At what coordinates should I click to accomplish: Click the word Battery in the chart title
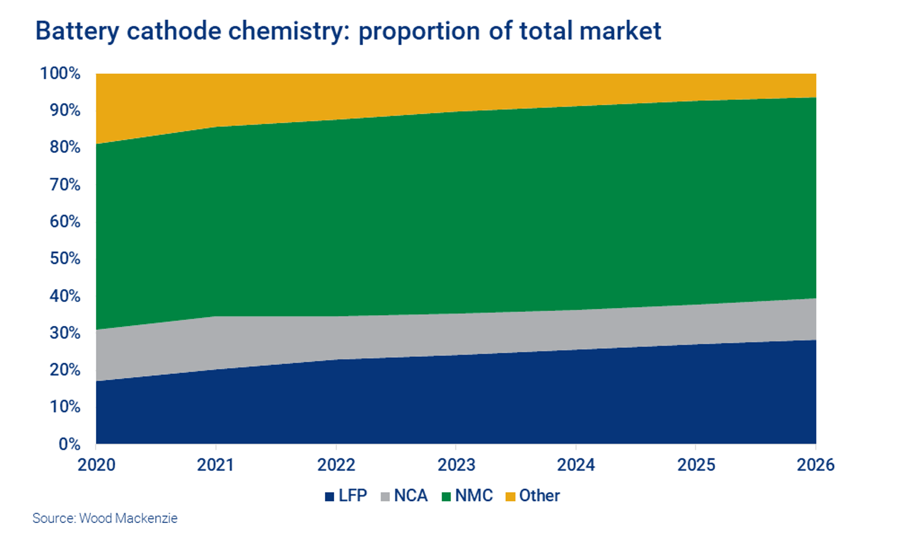tap(77, 31)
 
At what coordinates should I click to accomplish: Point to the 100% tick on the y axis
tap(60, 73)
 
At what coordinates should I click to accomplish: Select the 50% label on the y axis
tap(65, 259)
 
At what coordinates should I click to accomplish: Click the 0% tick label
tap(69, 444)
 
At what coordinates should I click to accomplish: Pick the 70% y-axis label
tap(65, 185)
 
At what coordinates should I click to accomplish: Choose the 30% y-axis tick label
tap(65, 333)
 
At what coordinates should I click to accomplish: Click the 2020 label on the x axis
tap(96, 465)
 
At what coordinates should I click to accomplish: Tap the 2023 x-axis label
tap(456, 465)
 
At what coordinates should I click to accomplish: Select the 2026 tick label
tap(816, 465)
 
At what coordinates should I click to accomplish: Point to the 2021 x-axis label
tap(216, 465)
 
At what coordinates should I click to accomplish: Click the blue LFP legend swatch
tap(329, 497)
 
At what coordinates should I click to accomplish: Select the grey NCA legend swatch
tap(385, 497)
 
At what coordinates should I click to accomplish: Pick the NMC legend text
tap(474, 496)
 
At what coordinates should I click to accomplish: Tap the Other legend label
tap(539, 496)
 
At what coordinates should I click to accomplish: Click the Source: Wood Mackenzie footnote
tap(105, 518)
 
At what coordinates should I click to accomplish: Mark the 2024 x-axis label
tap(576, 465)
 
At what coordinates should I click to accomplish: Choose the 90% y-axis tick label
tap(65, 110)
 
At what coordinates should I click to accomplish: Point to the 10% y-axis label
tap(65, 407)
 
